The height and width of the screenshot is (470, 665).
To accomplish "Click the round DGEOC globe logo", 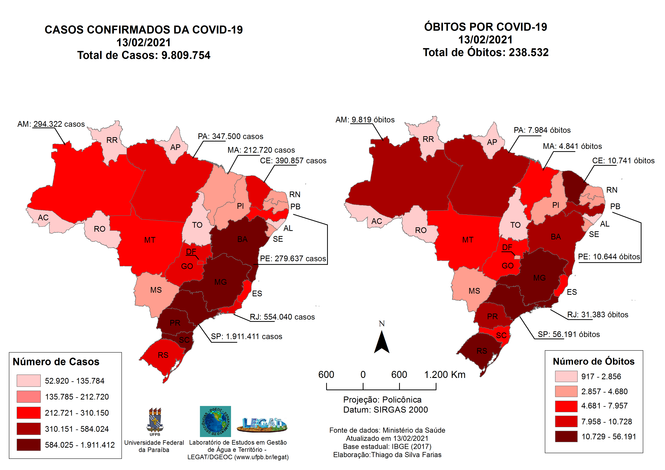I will (215, 421).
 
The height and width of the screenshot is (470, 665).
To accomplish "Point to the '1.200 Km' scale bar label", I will (445, 375).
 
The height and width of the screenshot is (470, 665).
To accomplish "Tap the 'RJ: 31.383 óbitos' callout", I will (598, 315).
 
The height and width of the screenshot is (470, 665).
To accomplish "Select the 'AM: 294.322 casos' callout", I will (51, 124).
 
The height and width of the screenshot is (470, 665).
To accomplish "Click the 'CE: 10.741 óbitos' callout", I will (623, 161).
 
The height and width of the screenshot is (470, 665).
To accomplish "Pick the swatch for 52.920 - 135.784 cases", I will (28, 381).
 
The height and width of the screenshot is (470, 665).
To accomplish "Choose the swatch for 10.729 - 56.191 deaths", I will (566, 437).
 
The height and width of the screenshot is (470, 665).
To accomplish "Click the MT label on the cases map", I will (150, 240).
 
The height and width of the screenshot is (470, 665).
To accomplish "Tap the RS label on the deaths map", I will (482, 351).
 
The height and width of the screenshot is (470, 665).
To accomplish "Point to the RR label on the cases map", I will (112, 140).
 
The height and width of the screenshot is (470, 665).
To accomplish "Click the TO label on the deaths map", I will (515, 225).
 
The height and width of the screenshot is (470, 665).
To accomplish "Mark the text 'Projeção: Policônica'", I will (382, 400).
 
